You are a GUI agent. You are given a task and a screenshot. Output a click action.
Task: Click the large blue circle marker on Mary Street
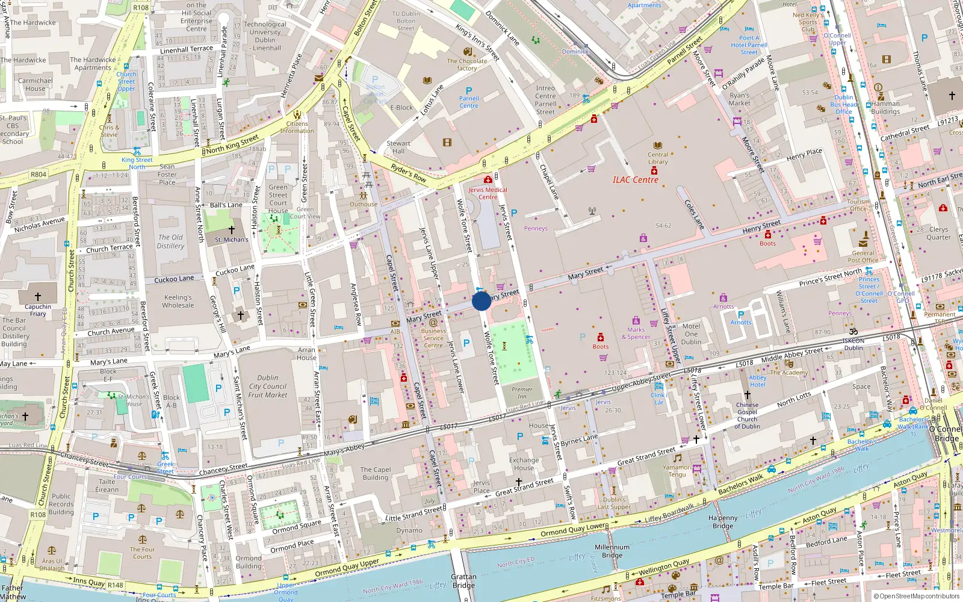[x=482, y=301]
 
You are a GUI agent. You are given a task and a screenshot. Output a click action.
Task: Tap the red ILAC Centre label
[x=636, y=180]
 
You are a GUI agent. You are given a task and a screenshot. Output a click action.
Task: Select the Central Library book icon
[x=658, y=145]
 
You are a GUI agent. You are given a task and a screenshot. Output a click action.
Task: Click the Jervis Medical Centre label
[x=488, y=193]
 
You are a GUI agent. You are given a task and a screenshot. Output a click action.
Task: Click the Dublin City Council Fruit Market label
[x=268, y=386]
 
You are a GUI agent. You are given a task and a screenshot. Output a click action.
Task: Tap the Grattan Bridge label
[x=463, y=581]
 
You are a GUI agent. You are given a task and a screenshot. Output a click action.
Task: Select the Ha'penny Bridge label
[x=723, y=521]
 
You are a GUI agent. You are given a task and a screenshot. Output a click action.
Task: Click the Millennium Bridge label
[x=612, y=551]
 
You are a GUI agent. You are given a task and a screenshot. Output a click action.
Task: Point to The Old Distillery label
[x=170, y=241]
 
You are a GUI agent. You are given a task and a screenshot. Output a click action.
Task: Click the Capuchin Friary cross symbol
[x=37, y=296]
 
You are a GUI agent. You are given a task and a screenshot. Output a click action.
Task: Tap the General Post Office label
[x=863, y=257]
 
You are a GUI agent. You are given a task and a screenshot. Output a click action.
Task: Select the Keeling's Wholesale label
[x=178, y=301]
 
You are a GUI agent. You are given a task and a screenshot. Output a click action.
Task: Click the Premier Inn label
[x=522, y=393]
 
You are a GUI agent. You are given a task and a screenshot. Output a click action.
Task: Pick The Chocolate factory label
[x=467, y=64]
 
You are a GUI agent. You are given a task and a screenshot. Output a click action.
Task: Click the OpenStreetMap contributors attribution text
[x=917, y=596]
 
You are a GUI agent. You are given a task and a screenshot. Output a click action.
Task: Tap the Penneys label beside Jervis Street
[x=536, y=228]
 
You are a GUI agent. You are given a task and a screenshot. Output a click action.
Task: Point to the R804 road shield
[x=39, y=175]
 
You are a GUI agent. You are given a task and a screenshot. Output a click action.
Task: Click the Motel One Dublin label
[x=691, y=334]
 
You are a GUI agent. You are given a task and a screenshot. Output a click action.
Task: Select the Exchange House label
[x=524, y=464]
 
